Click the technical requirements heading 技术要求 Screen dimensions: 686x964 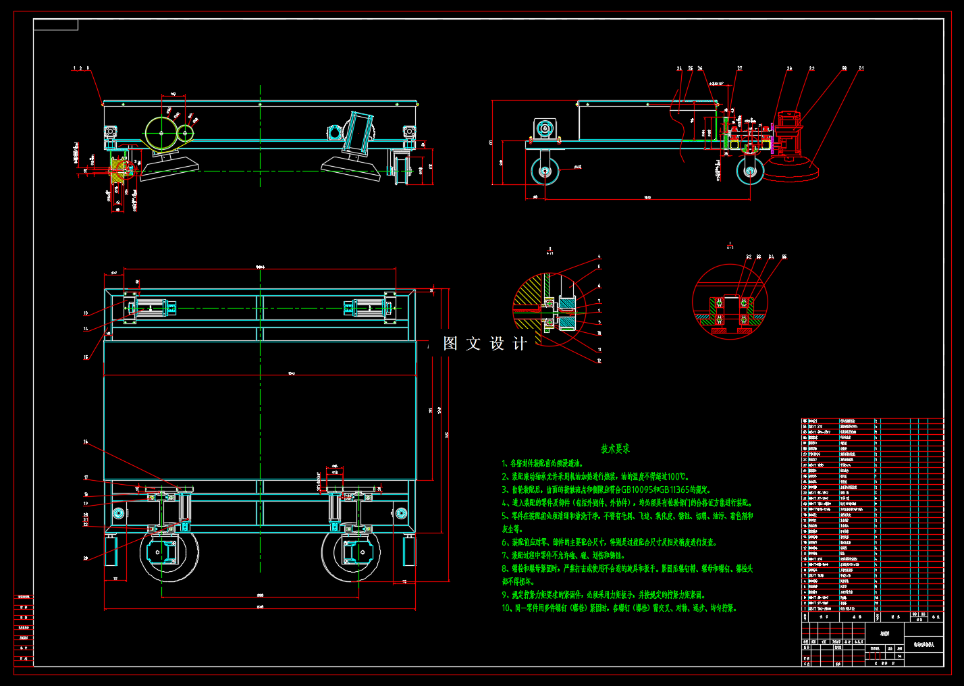tap(615, 449)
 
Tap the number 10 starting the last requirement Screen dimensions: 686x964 tap(506, 608)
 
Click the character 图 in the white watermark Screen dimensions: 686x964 tap(450, 344)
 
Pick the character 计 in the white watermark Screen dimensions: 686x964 tap(520, 344)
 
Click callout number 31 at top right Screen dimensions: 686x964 tap(861, 68)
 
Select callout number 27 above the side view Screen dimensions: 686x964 tap(740, 68)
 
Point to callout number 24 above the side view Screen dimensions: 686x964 tap(680, 68)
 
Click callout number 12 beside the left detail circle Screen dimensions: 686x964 tap(599, 361)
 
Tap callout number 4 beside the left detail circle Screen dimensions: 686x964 tap(599, 257)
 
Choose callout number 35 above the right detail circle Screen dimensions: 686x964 tap(784, 257)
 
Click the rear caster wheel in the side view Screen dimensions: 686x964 tap(545, 171)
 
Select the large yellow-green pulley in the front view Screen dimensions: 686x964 tap(161, 133)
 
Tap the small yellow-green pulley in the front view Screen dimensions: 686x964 tap(184, 133)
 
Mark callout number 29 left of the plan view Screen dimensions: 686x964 tap(86, 558)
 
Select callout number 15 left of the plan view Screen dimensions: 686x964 tap(86, 358)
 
